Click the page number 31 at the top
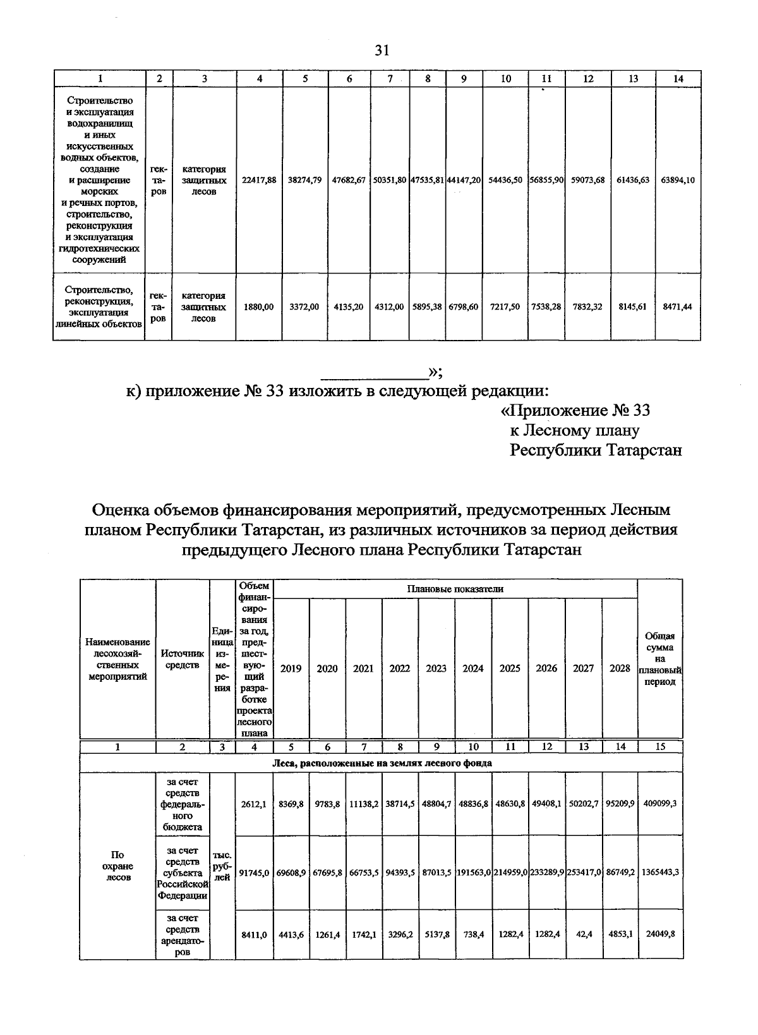tap(382, 51)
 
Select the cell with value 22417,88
tap(259, 180)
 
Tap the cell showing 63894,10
tap(678, 180)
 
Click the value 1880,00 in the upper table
tap(259, 306)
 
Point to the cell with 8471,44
tap(678, 306)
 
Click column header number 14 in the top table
tap(678, 78)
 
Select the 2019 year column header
tap(291, 668)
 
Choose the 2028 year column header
tap(620, 668)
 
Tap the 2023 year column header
tap(436, 668)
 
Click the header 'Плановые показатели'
tap(455, 589)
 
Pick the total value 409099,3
tap(660, 804)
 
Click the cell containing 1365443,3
tap(660, 872)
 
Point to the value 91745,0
tap(254, 872)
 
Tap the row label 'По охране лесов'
tap(117, 866)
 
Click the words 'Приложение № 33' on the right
tap(575, 411)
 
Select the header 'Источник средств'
tap(182, 658)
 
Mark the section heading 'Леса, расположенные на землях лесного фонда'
tap(382, 763)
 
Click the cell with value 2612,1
tap(254, 804)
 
